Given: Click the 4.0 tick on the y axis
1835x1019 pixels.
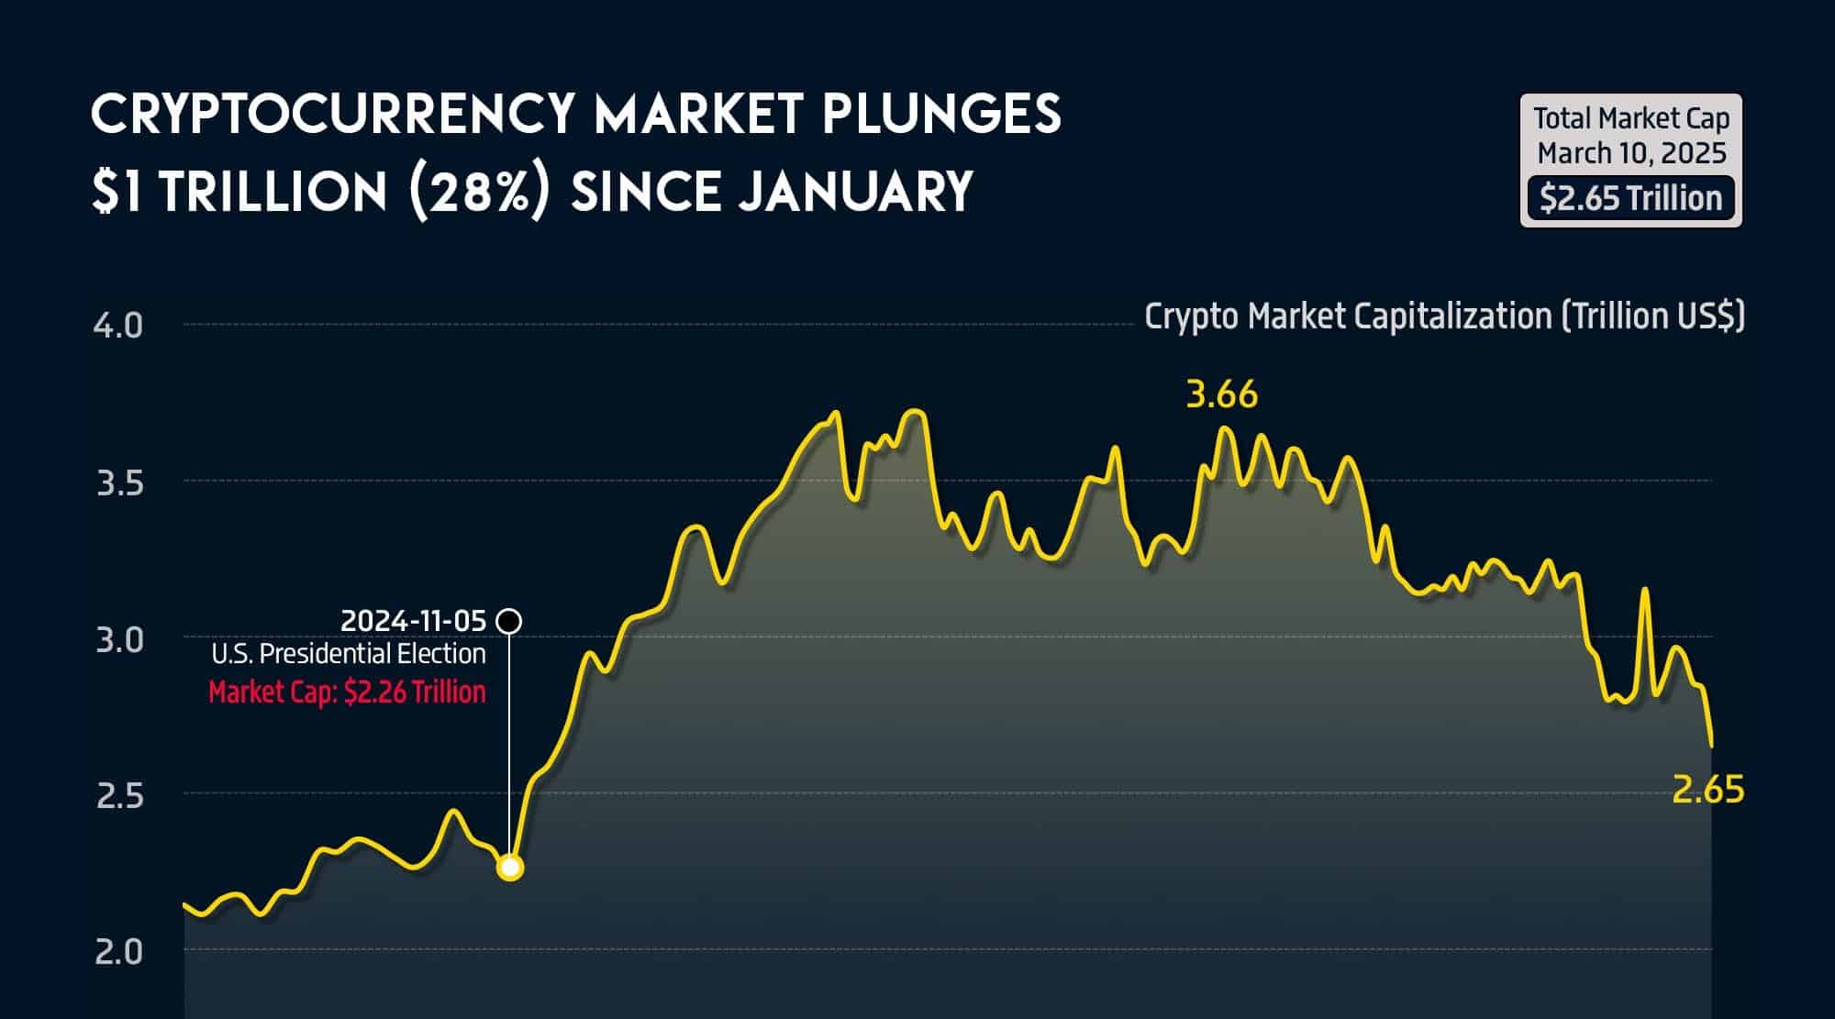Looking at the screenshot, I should point(118,326).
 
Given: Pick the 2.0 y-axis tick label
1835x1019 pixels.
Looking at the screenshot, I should point(119,952).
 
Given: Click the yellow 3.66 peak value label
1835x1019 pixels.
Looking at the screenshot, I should point(1221,394).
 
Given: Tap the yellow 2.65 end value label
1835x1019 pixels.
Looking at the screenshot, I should point(1707,790).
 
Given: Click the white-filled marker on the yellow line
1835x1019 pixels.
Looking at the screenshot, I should point(510,867).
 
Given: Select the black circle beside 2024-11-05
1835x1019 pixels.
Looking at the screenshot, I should point(509,621).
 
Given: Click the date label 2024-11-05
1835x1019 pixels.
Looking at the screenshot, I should point(413,621).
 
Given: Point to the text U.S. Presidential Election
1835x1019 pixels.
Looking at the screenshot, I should point(349,653).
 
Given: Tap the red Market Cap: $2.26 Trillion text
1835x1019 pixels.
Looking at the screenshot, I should point(347,691).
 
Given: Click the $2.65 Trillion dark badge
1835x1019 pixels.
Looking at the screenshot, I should point(1630,198).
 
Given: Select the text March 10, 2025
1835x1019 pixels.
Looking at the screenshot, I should point(1631,153).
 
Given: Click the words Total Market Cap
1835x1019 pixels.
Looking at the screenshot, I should point(1631,118).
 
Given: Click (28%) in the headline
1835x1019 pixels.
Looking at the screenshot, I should point(479,192).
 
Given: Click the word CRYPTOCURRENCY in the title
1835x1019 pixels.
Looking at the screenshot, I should point(332,114).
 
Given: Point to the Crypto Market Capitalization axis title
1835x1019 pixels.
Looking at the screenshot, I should point(1444,316).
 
